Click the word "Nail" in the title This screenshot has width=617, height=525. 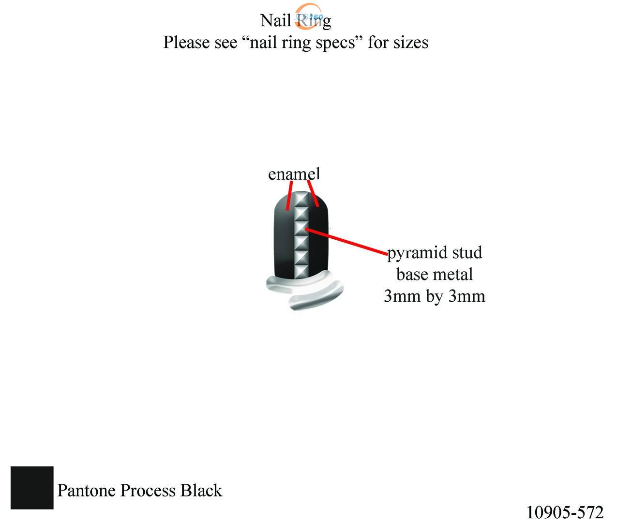point(276,20)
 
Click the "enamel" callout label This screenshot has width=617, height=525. point(294,173)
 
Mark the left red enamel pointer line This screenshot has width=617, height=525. point(289,196)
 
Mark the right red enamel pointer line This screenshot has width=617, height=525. point(313,194)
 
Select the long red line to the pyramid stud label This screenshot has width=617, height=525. point(346,241)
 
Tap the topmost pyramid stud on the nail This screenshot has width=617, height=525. point(301,199)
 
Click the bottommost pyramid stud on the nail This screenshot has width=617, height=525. point(301,270)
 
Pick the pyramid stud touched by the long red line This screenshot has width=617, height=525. point(301,227)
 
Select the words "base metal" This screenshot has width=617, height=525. point(434,274)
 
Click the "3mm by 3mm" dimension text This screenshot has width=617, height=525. point(434,295)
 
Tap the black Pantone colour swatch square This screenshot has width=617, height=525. point(32,488)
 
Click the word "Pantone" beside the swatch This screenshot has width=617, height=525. point(87,490)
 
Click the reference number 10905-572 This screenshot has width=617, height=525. point(564,512)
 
